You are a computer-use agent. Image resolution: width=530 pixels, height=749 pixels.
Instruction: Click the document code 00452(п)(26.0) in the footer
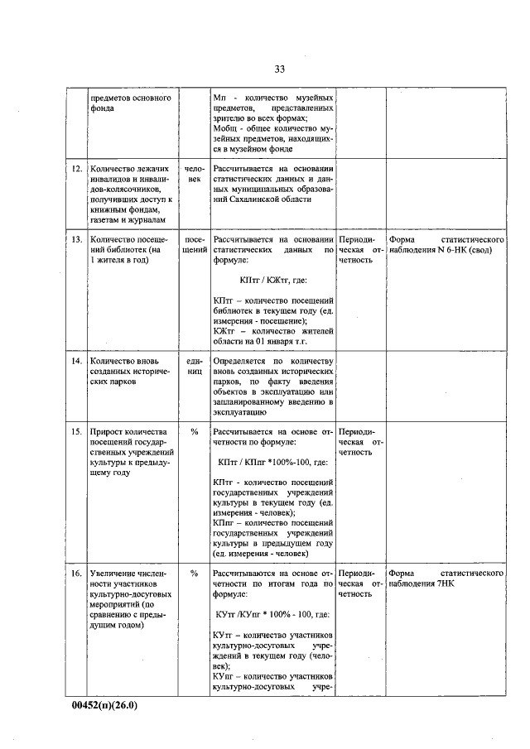click(x=104, y=706)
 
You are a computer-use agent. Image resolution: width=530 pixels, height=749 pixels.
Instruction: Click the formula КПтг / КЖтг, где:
click(x=272, y=281)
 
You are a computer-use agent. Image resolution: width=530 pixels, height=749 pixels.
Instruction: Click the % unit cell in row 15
click(x=195, y=431)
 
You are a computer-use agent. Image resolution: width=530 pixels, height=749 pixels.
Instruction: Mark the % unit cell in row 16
click(x=195, y=573)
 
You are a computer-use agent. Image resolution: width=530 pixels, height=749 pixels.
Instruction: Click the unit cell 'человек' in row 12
click(x=195, y=174)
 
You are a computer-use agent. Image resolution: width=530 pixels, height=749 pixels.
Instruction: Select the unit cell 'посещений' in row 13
click(x=195, y=243)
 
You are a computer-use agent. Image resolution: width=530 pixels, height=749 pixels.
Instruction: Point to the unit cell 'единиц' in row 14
click(x=195, y=367)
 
